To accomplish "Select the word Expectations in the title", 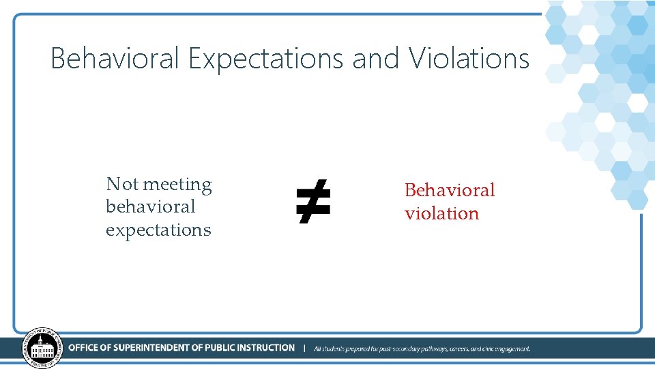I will pyautogui.click(x=266, y=59).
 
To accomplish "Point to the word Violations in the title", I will pyautogui.click(x=469, y=59).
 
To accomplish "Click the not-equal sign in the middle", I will pyautogui.click(x=313, y=202).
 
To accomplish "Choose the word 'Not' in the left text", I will pyautogui.click(x=122, y=184).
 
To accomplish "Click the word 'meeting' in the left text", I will pyautogui.click(x=177, y=184).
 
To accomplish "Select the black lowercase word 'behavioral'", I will pyautogui.click(x=150, y=206).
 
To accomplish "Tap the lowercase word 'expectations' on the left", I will pyautogui.click(x=158, y=230).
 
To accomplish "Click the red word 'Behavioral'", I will pyautogui.click(x=450, y=190).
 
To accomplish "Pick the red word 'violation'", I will pyautogui.click(x=441, y=213).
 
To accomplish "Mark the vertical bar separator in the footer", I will pyautogui.click(x=304, y=348).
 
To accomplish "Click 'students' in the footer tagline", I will pyautogui.click(x=334, y=348).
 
